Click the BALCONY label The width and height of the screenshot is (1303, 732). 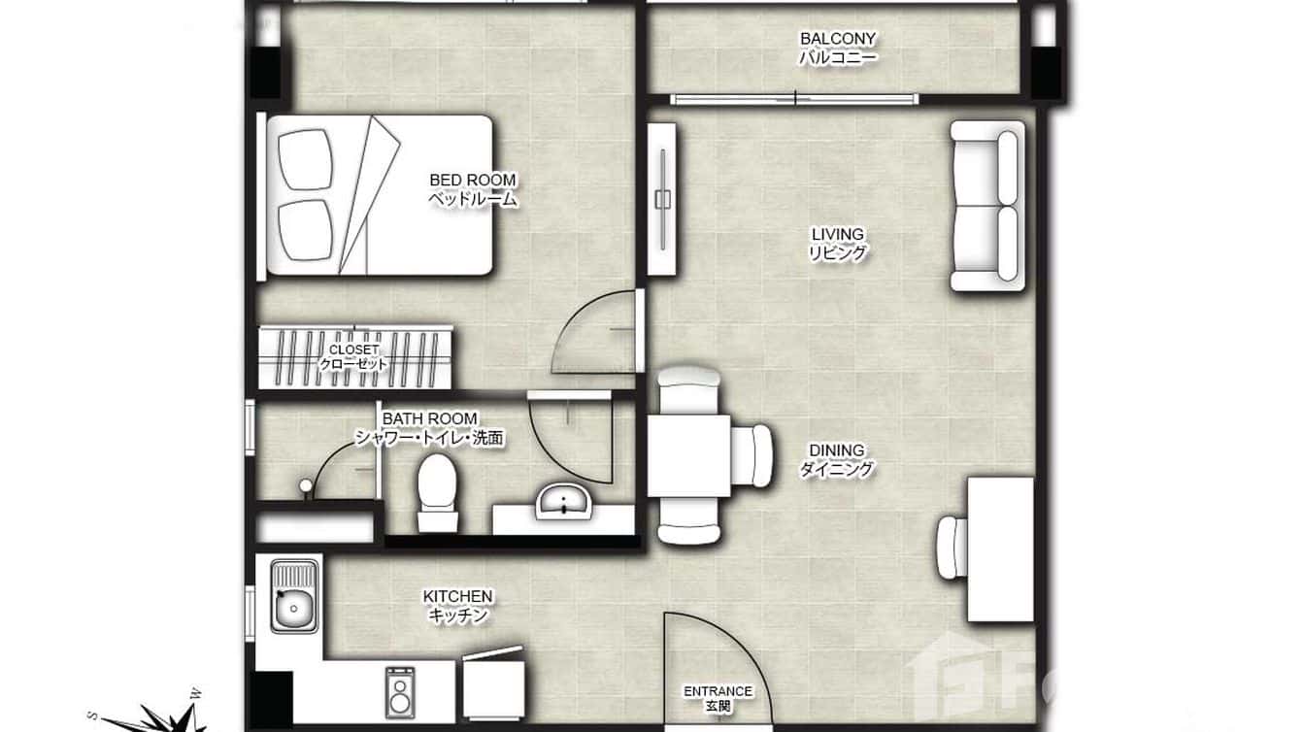837,48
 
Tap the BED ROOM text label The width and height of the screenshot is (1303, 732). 473,189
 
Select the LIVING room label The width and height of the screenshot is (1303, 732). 837,244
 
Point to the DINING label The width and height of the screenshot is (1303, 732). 836,459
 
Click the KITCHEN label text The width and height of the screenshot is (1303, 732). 457,605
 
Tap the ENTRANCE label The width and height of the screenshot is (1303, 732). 718,698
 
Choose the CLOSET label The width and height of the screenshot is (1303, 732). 354,356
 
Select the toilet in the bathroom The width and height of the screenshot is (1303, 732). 436,490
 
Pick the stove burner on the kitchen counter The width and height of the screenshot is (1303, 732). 399,693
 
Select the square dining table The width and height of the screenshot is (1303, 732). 689,455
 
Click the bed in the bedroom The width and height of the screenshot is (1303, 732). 379,195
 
